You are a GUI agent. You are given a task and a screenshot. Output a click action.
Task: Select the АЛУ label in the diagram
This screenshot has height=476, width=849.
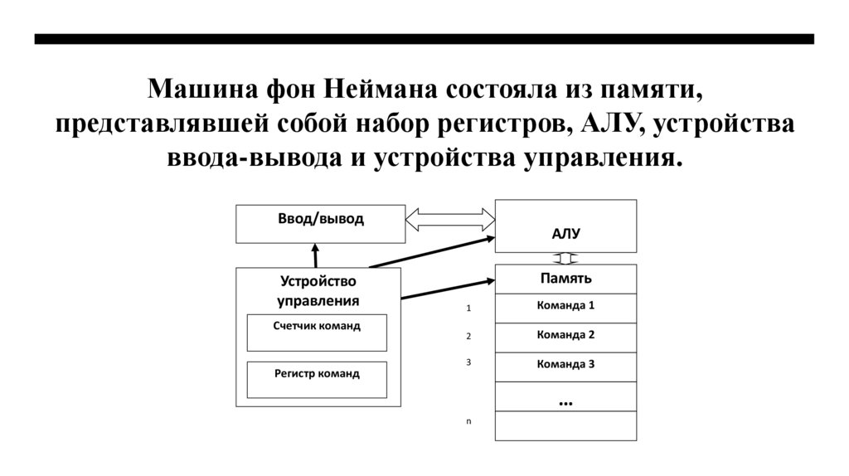pos(565,234)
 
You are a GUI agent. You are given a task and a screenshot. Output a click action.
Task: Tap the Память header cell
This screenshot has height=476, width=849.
pos(565,279)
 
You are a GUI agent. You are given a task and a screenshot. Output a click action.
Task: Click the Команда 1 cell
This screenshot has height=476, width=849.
pos(565,306)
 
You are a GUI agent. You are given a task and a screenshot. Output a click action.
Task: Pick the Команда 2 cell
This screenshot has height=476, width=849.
pos(565,336)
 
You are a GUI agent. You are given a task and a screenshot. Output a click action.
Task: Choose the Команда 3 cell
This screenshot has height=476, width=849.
pos(565,365)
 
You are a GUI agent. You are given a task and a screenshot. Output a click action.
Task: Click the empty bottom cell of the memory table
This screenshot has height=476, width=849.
pos(565,425)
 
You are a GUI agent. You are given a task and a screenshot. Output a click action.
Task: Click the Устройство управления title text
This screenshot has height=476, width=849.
pos(318,291)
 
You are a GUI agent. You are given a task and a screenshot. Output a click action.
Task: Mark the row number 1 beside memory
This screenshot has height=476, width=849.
pos(468,308)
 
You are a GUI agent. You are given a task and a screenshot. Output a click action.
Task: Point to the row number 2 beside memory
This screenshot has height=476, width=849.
pos(468,337)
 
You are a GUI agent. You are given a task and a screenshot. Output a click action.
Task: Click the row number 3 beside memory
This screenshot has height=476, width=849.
pos(468,362)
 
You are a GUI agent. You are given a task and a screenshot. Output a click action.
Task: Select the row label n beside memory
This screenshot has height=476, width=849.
pos(468,421)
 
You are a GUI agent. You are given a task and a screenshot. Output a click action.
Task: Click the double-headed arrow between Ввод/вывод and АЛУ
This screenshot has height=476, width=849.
pos(449,221)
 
